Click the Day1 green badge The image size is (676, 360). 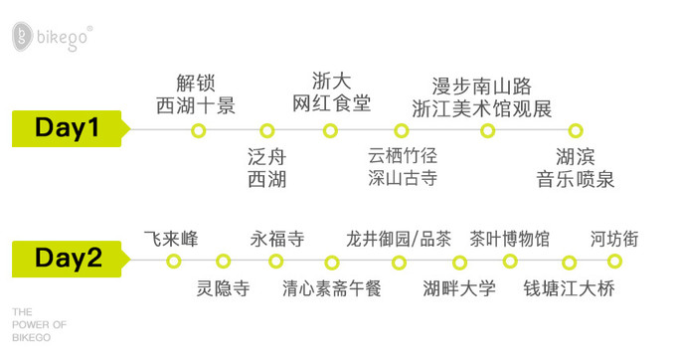pyautogui.click(x=68, y=128)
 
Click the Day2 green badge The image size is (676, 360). pyautogui.click(x=68, y=260)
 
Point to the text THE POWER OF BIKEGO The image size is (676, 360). pyautogui.click(x=39, y=324)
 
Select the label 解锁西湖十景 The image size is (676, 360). pyautogui.click(x=196, y=93)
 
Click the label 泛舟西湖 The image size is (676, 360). pyautogui.click(x=266, y=167)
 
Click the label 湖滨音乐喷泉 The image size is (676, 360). pyautogui.click(x=576, y=167)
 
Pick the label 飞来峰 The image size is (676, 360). pyautogui.click(x=172, y=239)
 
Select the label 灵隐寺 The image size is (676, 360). pyautogui.click(x=223, y=289)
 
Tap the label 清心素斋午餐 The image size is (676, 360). pyautogui.click(x=332, y=289)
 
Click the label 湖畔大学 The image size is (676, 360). pyautogui.click(x=458, y=289)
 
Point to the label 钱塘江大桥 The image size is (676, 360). pyautogui.click(x=570, y=289)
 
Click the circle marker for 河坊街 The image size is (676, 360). pyautogui.click(x=614, y=262)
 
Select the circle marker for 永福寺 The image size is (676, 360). pyautogui.click(x=276, y=262)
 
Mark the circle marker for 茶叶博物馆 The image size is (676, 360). pyautogui.click(x=510, y=262)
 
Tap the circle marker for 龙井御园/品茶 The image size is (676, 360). pyautogui.click(x=399, y=263)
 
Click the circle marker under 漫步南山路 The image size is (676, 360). pyautogui.click(x=487, y=130)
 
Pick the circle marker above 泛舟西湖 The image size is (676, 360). pyautogui.click(x=266, y=130)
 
